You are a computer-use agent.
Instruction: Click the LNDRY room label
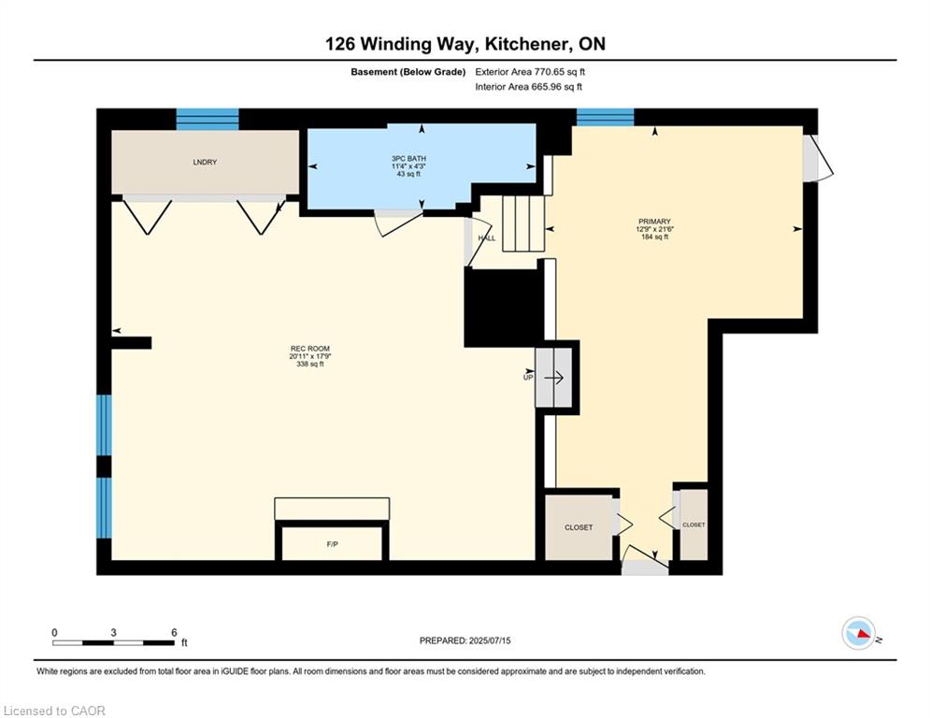tap(205, 162)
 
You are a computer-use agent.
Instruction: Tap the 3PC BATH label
tap(408, 158)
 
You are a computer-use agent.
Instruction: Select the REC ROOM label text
tap(310, 349)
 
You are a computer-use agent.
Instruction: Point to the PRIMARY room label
tap(655, 222)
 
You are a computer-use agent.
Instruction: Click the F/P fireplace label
tap(332, 544)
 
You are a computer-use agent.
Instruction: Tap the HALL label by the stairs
tap(487, 238)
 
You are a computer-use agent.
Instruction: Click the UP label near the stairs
tap(528, 378)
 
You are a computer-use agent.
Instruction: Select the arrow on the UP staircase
tap(554, 378)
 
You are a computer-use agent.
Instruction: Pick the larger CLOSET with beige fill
tap(579, 526)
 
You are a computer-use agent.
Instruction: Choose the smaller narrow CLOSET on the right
tap(694, 524)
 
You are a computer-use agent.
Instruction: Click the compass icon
tap(859, 633)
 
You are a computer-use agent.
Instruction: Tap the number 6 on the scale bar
tap(174, 633)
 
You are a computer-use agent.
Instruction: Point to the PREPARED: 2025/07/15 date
tap(465, 640)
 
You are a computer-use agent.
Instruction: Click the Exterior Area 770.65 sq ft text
tap(530, 72)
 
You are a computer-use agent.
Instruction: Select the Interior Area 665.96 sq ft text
tap(528, 87)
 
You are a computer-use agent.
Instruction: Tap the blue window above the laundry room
tap(207, 119)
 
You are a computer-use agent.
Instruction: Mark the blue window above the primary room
tap(605, 117)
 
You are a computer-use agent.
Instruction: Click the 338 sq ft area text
tap(310, 365)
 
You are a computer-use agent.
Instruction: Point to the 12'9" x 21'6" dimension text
tap(655, 229)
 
